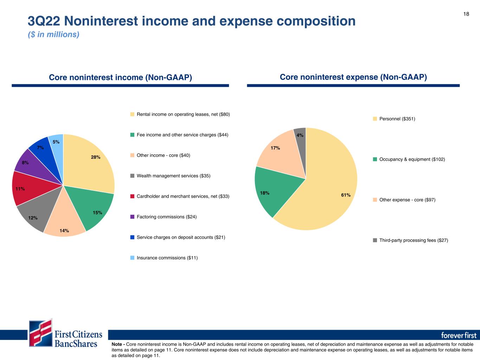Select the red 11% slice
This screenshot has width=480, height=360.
[x=33, y=188]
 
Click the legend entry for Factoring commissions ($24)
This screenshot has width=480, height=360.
[x=167, y=217]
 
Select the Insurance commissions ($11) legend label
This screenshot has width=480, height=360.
[x=167, y=258]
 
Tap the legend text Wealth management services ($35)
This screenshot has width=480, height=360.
[x=173, y=176]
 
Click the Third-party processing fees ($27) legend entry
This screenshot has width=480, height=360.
[x=414, y=240]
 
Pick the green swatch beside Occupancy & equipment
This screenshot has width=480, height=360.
[x=375, y=159]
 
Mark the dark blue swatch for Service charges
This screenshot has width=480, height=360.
[x=132, y=237]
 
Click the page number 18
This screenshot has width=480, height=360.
[x=466, y=14]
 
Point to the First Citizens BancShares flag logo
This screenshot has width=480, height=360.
[x=41, y=333]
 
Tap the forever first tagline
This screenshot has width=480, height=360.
[x=459, y=335]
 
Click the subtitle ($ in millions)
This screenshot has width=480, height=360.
[x=53, y=34]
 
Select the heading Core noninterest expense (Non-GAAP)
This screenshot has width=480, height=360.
[x=353, y=77]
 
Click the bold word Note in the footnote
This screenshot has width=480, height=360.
[x=117, y=344]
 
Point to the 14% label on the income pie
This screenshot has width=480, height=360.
[x=64, y=231]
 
